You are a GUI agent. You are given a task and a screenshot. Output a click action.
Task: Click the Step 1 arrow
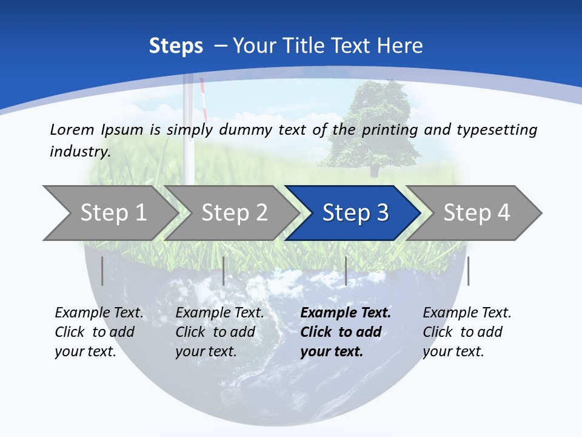(112, 213)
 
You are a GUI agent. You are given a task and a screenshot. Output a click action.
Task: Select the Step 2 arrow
(233, 213)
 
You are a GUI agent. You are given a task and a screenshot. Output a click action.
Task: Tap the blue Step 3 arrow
(355, 213)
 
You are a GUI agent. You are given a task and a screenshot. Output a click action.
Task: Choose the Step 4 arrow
(476, 213)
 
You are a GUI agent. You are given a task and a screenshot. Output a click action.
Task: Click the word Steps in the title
(176, 46)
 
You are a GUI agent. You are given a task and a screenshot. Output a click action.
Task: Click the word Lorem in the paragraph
(72, 129)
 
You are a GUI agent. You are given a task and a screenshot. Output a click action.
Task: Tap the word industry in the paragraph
(79, 152)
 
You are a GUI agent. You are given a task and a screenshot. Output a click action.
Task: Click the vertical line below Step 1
(102, 271)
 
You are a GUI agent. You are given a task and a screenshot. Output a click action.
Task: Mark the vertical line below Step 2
(224, 271)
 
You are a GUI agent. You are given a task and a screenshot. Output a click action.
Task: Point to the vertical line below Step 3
(346, 271)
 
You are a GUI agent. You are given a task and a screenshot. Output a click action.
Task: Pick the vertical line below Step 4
(468, 271)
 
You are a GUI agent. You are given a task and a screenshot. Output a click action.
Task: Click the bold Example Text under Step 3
(346, 313)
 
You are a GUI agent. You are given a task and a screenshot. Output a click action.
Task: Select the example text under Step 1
(99, 332)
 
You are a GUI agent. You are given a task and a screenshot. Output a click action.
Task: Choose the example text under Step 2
(219, 332)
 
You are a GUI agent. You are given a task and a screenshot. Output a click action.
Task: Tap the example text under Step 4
(467, 332)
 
